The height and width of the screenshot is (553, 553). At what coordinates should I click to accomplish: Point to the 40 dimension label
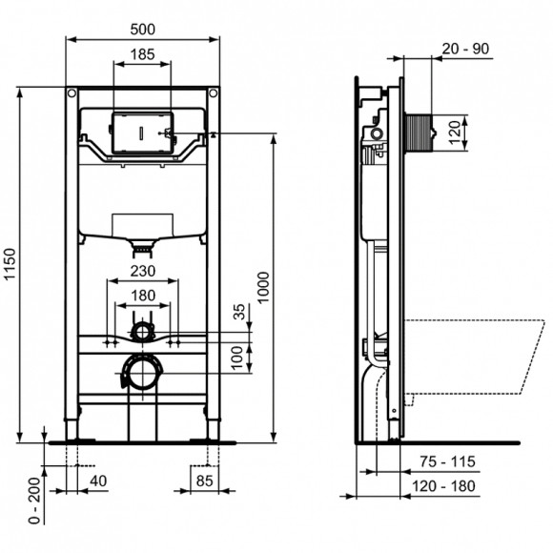pyautogui.click(x=98, y=482)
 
